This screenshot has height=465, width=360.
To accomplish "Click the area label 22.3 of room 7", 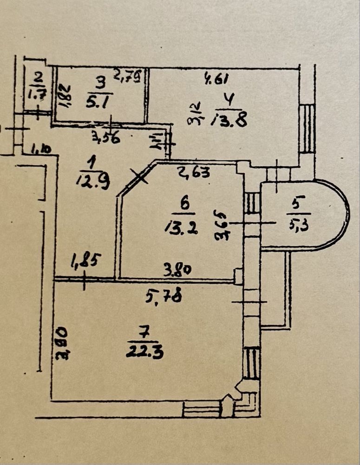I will pos(144,352).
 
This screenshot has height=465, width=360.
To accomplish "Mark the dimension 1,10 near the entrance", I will pos(42,149).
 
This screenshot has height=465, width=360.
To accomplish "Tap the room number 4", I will pos(229,100).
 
